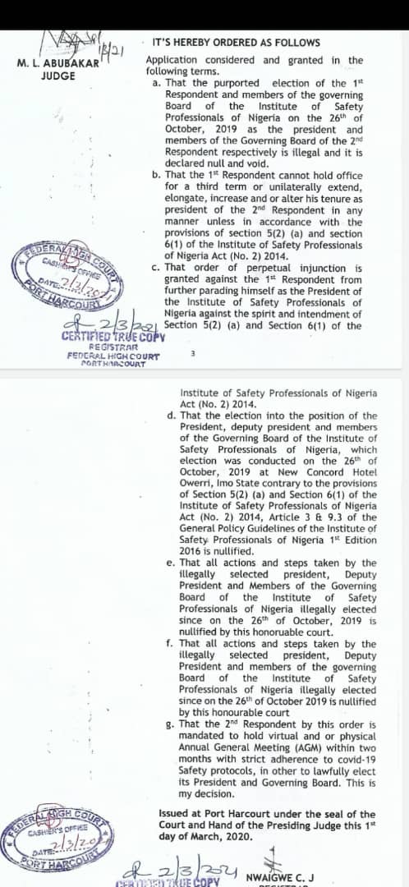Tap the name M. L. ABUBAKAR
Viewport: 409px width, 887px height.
coord(57,63)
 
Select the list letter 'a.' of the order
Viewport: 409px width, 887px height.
coord(157,83)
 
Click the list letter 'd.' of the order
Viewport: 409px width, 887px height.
coord(170,416)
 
